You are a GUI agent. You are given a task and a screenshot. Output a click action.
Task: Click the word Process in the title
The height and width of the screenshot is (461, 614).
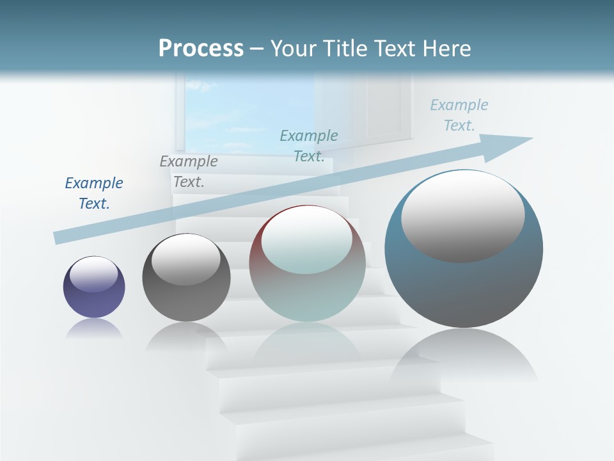pyautogui.click(x=201, y=49)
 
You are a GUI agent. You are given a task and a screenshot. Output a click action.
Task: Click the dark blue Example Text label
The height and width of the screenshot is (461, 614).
pyautogui.click(x=94, y=193)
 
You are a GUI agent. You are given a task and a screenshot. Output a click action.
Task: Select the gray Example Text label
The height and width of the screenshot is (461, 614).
pyautogui.click(x=189, y=171)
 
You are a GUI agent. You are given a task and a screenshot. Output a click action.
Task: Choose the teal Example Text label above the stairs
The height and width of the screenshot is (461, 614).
pyautogui.click(x=309, y=145)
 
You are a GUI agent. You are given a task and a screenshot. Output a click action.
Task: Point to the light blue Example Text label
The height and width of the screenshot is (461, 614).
pyautogui.click(x=459, y=115)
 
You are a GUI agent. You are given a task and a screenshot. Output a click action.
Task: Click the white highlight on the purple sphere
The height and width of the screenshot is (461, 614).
pyautogui.click(x=94, y=274)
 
